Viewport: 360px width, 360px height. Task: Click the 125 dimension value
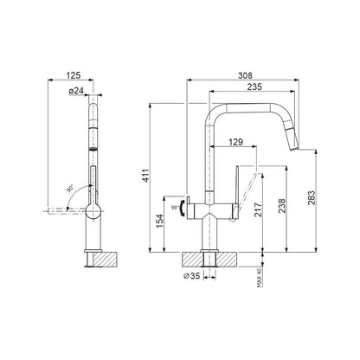[74, 75]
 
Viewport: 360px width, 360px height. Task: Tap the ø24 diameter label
[76, 91]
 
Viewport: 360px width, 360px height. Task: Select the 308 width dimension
[245, 75]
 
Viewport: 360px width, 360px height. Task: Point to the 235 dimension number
[254, 87]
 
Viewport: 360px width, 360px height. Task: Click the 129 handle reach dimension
[235, 142]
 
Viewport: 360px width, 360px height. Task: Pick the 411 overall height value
[146, 176]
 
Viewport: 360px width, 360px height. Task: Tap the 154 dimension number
[159, 221]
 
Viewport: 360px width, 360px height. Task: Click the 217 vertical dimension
[258, 209]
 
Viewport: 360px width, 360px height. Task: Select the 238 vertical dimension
[282, 206]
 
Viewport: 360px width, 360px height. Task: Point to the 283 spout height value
[312, 198]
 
